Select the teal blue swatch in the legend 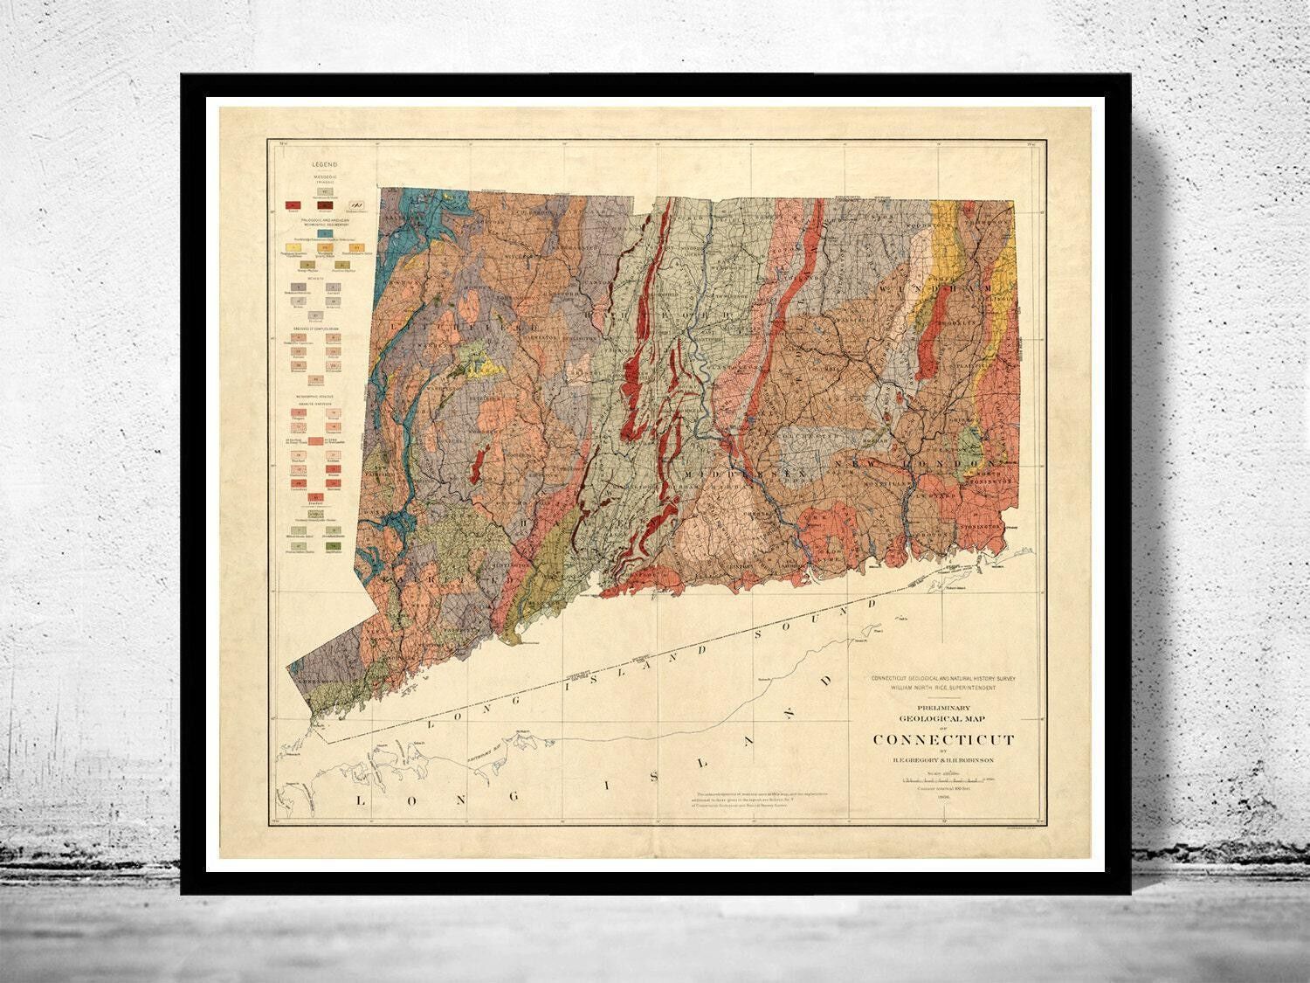click(325, 233)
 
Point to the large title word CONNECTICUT click(943, 739)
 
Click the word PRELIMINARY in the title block click(944, 709)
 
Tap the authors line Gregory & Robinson click(943, 760)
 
